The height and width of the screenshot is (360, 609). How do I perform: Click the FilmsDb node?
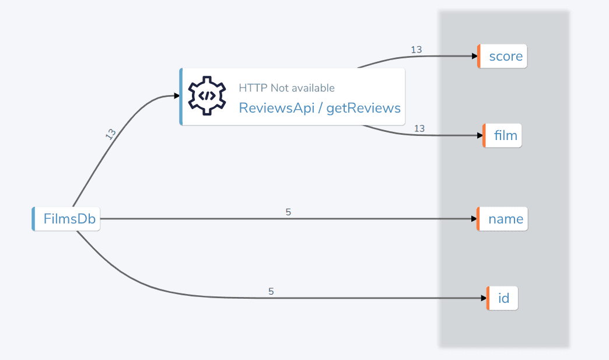tap(66, 219)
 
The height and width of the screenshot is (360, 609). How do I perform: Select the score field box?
tap(503, 57)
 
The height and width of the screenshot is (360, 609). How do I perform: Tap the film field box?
tap(503, 136)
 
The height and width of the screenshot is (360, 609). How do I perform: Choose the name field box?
tap(503, 219)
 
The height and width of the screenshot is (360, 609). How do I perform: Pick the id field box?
tap(503, 299)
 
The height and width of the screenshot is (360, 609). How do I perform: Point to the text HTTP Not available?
tap(286, 88)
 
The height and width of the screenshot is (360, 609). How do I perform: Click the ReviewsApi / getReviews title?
tap(320, 108)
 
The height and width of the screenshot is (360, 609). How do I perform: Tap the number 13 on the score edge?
tap(416, 50)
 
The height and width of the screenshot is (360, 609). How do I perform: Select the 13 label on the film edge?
tap(419, 128)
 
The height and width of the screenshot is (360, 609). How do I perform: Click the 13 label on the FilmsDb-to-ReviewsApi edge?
tap(110, 134)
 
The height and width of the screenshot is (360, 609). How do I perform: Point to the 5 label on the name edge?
tap(288, 212)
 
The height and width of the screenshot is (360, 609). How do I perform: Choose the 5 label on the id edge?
tap(271, 291)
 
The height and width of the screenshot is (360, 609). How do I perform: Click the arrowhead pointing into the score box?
tap(473, 57)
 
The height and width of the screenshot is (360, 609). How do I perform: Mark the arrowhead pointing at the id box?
tap(483, 298)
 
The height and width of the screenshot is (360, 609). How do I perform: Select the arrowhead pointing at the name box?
tap(473, 219)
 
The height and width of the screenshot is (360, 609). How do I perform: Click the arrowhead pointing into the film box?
tap(479, 136)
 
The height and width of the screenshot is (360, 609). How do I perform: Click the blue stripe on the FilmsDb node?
tap(33, 219)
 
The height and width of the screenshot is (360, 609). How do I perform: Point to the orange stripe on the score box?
tap(478, 57)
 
